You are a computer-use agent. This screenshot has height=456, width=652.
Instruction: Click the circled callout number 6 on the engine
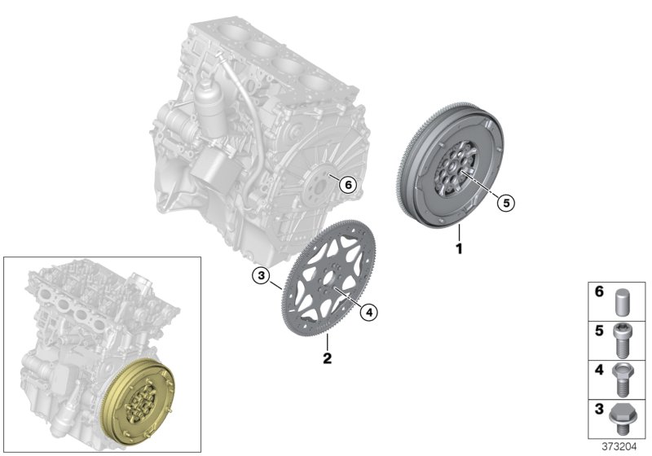point(348,185)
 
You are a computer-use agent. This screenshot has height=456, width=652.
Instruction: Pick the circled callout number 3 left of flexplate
point(260,277)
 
